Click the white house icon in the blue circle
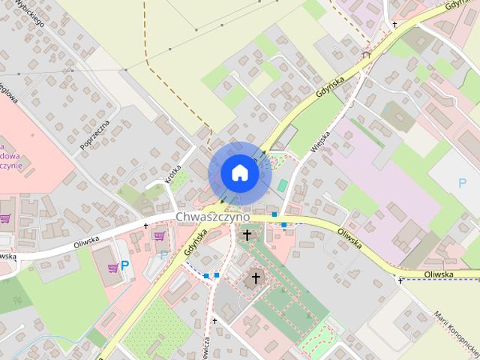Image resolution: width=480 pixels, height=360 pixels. coord(239,173)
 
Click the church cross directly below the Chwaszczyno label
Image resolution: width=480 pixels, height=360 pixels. coord(246,235)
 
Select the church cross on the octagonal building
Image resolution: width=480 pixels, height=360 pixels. coord(255,279)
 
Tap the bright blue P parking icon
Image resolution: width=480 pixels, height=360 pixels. coord(126,265)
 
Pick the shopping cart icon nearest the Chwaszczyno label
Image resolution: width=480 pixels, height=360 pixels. coord(159,235)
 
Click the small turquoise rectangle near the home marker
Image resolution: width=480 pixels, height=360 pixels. coord(282,184)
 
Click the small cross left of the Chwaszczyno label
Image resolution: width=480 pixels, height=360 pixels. coord(145,225)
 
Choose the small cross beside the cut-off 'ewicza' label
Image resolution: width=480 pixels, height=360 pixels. coord(214,321)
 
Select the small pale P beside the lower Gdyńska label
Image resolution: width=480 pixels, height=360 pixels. coord(164,255)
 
